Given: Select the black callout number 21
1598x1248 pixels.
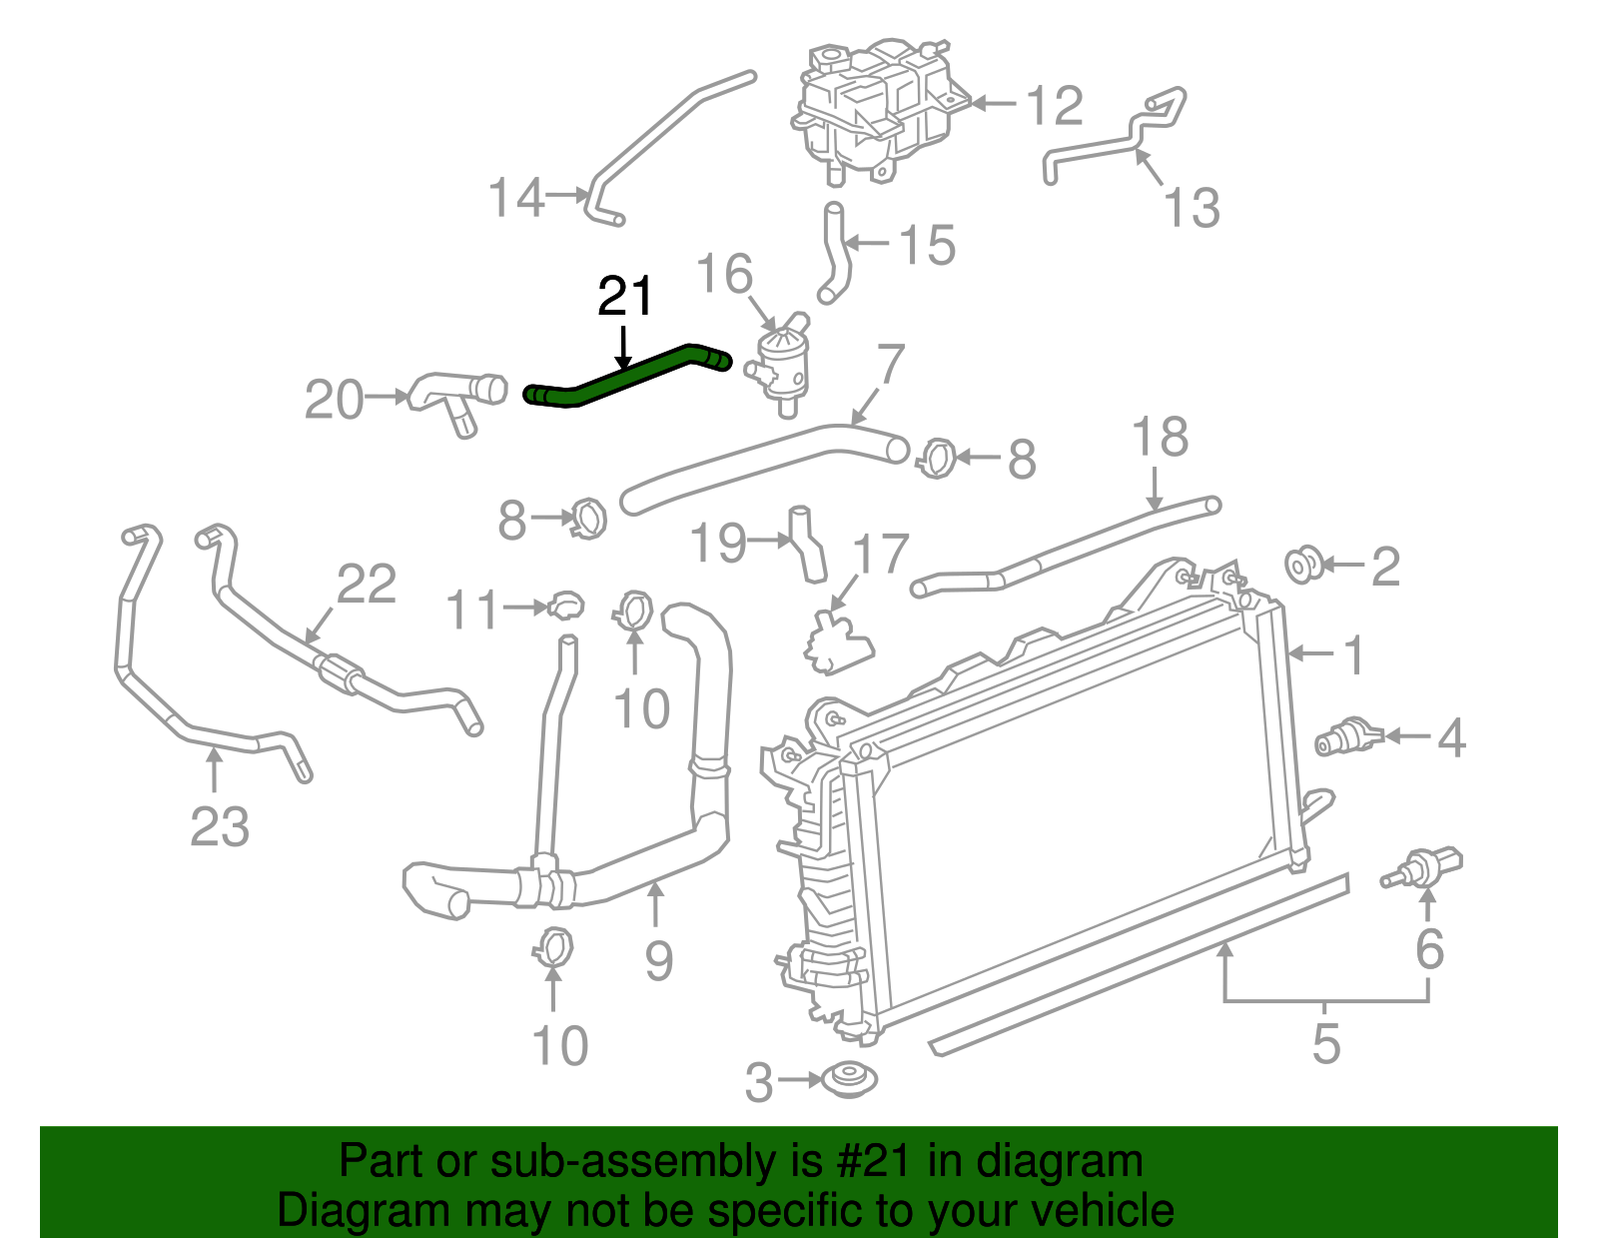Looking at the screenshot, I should (625, 297).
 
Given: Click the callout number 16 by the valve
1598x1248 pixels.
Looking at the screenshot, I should (724, 274).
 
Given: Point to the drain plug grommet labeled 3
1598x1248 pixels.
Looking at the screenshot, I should (849, 1080).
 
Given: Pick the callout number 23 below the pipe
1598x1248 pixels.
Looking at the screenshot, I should (219, 827).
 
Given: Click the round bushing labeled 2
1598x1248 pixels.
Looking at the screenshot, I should (1303, 565).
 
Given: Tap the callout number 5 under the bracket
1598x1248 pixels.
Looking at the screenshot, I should (1325, 1043).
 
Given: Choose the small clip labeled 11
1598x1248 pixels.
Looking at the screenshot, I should (565, 605).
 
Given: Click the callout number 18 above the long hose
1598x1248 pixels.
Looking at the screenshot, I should (1160, 438).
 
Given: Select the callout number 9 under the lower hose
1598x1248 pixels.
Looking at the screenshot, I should (658, 960).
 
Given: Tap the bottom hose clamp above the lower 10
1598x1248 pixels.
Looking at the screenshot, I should (552, 945).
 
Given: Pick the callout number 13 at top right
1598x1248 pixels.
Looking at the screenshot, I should (1192, 208).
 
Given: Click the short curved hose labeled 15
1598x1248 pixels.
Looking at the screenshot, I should (833, 255).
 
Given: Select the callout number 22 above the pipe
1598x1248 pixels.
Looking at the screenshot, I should (367, 585).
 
